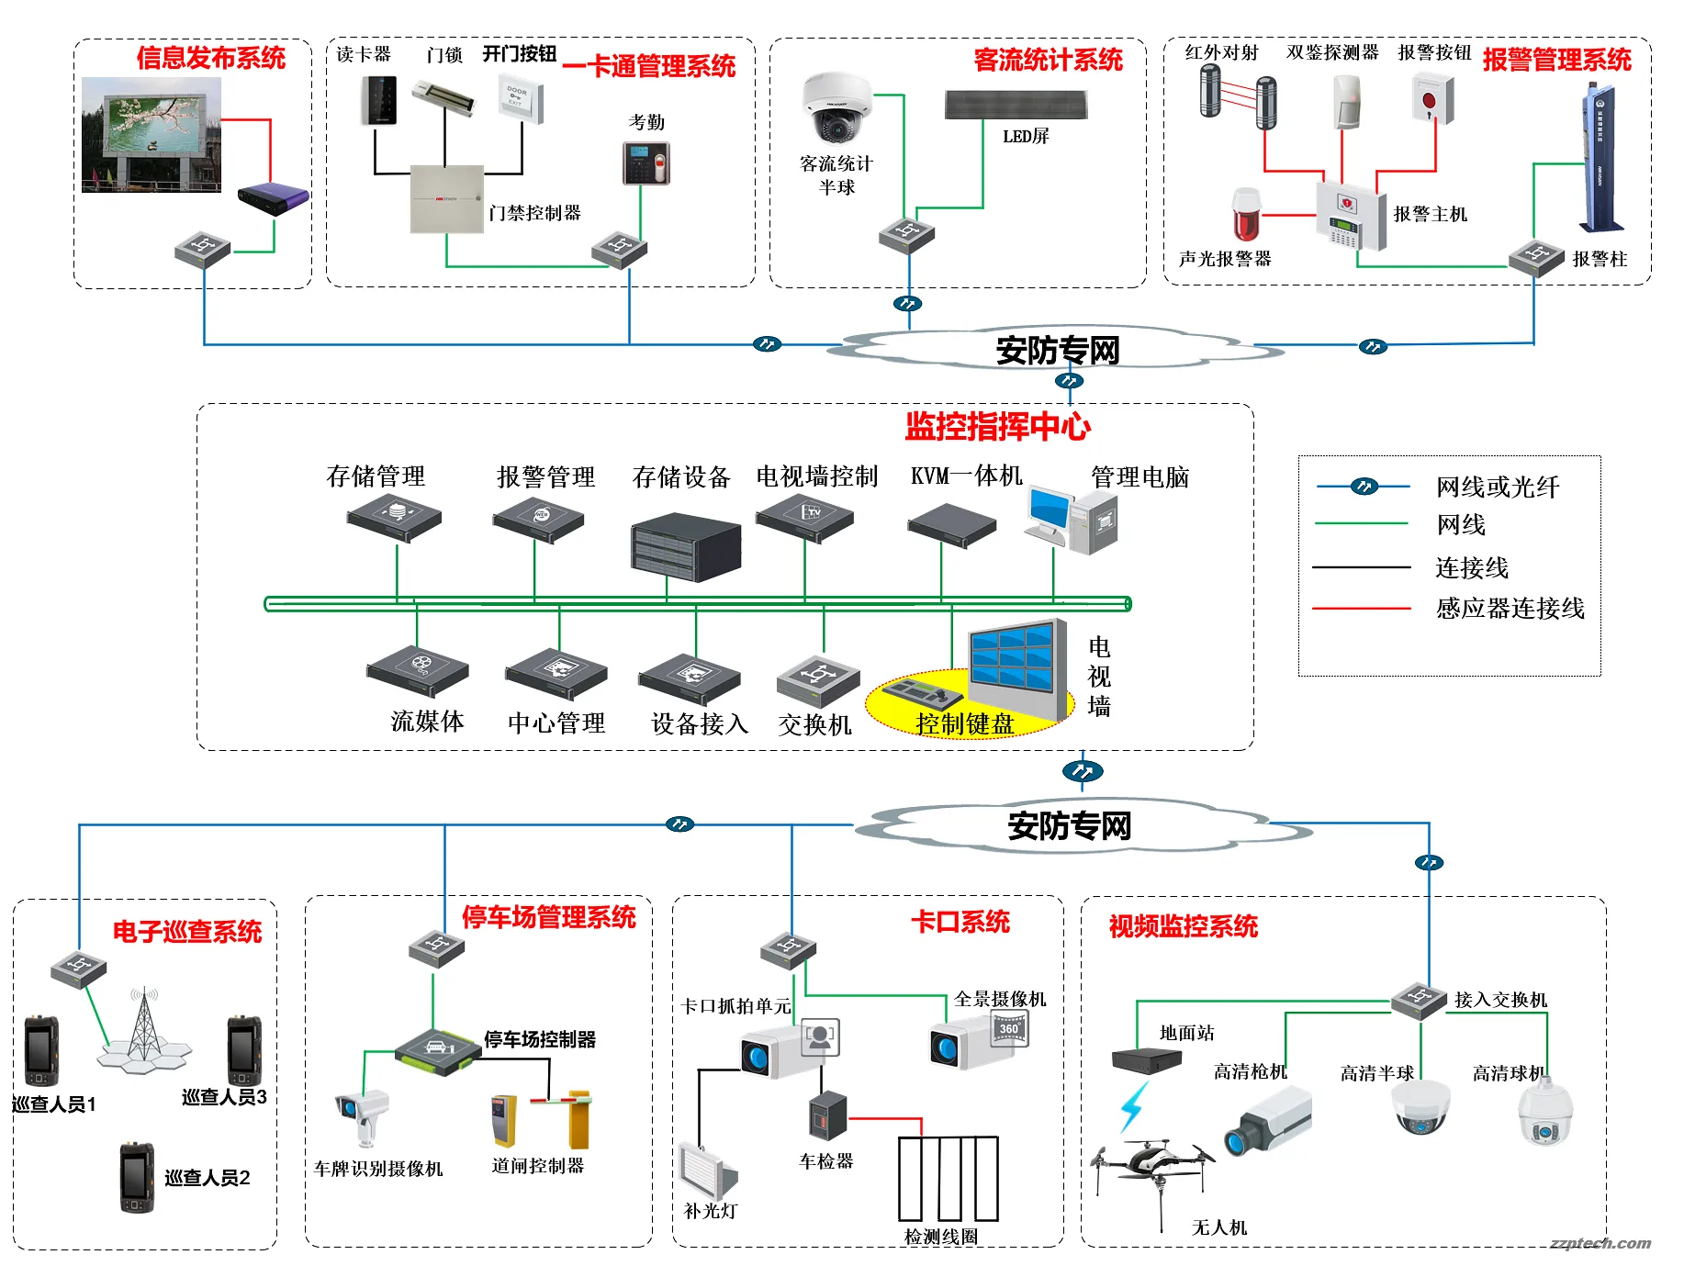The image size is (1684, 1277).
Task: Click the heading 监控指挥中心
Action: coord(997,427)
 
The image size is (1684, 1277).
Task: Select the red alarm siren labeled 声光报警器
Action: coord(1246,215)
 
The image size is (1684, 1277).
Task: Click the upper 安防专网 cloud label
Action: coord(1058,350)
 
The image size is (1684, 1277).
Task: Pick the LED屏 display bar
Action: coord(1016,105)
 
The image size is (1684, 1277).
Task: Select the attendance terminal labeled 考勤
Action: coord(646,163)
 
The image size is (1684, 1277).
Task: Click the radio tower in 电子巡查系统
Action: coord(144,1028)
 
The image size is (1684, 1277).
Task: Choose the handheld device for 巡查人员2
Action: coord(136,1177)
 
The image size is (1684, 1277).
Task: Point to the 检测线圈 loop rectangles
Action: coord(949,1179)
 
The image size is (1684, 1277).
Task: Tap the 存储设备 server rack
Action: coord(685,547)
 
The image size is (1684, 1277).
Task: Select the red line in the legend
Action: coord(1361,609)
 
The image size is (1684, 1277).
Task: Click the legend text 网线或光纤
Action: coord(1497,487)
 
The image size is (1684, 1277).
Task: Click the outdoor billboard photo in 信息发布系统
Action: coord(152,135)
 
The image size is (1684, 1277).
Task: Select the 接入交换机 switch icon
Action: coord(1419,1000)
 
